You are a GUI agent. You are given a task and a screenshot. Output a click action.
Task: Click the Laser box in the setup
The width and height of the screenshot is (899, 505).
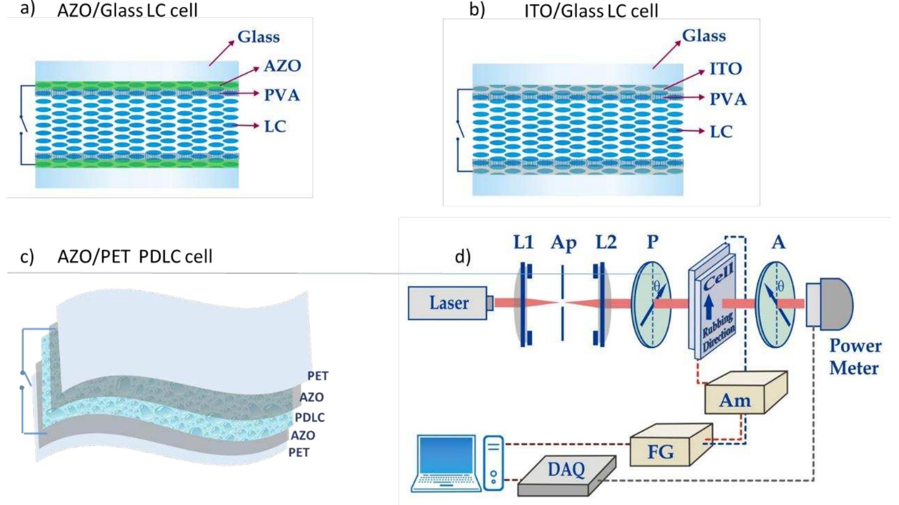point(448,303)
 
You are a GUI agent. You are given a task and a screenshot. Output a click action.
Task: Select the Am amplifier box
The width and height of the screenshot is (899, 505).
point(735,400)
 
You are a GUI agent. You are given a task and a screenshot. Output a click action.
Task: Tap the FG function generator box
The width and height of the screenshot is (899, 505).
point(660,451)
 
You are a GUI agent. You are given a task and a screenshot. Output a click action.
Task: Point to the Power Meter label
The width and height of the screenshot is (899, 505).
point(855,357)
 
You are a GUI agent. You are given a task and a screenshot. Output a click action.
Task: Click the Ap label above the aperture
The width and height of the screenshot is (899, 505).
point(563,243)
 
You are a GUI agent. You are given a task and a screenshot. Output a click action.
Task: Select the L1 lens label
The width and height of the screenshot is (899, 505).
point(523,242)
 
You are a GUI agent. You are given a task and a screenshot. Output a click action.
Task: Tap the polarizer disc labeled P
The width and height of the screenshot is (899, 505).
point(651,305)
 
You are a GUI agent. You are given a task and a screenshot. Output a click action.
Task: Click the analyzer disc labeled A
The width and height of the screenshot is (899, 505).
point(775,305)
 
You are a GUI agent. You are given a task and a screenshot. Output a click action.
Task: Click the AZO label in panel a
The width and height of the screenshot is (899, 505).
point(282,66)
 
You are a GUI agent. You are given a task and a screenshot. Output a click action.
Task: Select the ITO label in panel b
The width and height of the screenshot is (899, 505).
point(725,68)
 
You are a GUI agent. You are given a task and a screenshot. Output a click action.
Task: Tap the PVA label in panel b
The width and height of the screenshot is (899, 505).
point(728,99)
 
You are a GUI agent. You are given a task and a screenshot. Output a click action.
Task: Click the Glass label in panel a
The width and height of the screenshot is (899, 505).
point(258,37)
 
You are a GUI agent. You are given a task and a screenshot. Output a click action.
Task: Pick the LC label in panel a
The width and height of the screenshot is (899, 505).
point(274,126)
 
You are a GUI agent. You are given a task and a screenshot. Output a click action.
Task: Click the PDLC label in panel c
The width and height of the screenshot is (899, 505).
point(310,417)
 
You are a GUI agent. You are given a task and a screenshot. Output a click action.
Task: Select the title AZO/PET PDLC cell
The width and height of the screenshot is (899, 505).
point(135,256)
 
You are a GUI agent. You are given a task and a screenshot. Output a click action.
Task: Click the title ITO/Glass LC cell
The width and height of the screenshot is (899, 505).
point(591,11)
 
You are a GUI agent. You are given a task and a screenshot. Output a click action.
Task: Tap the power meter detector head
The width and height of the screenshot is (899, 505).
point(830,303)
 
